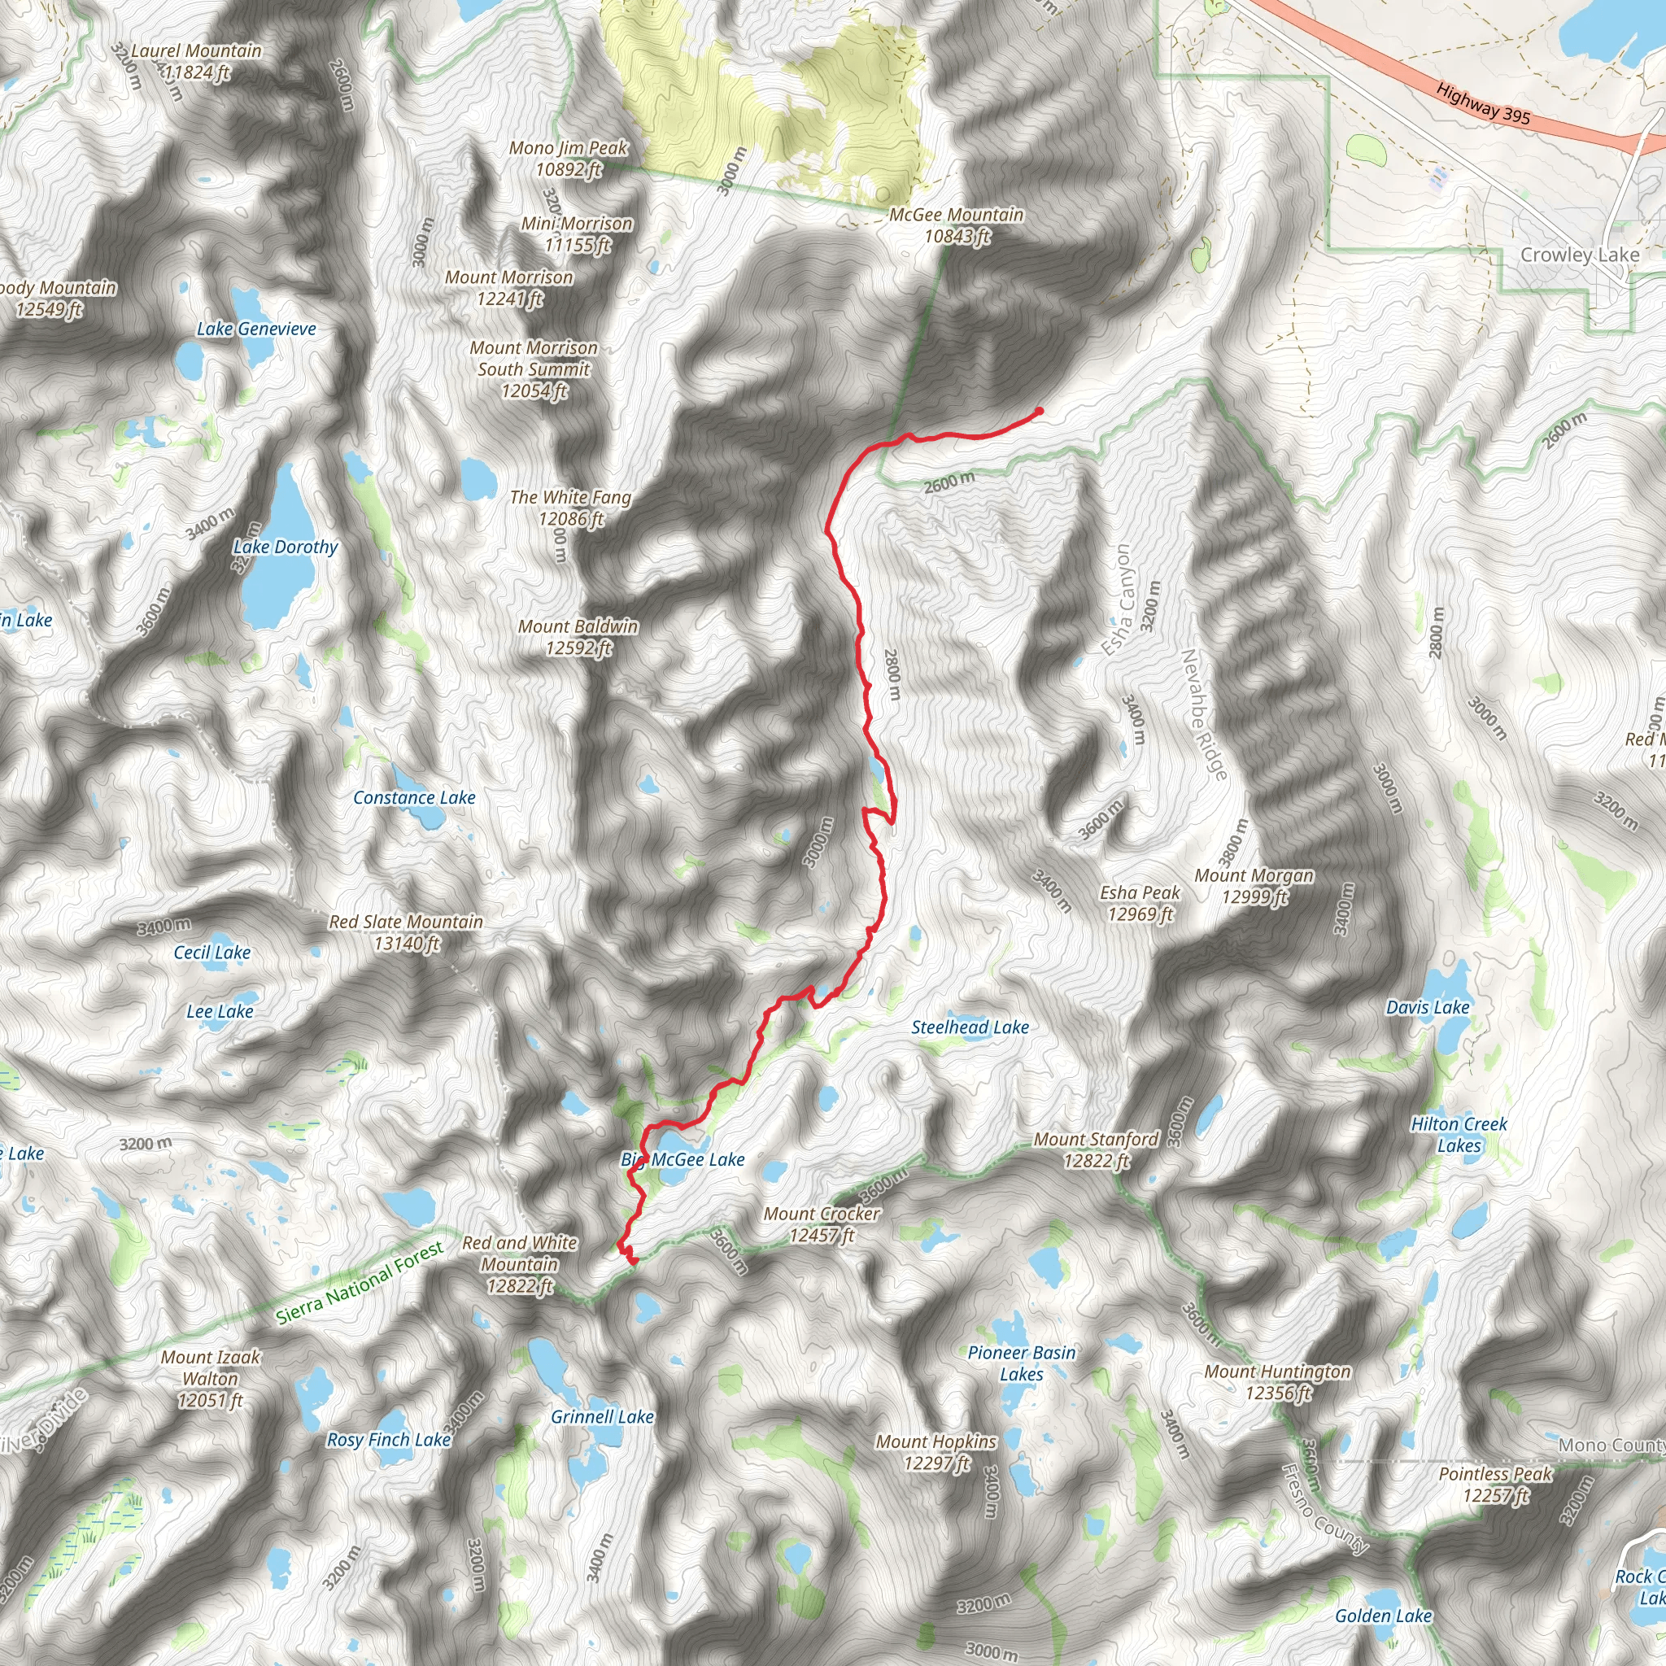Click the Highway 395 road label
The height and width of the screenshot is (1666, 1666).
[x=1482, y=104]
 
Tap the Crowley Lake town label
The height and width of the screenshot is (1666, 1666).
[x=1579, y=255]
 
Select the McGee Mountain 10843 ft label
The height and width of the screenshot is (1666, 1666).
[x=957, y=225]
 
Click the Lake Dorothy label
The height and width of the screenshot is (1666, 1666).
[x=286, y=547]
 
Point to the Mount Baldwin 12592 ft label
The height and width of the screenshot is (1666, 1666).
[x=578, y=636]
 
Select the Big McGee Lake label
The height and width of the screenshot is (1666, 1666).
[x=683, y=1160]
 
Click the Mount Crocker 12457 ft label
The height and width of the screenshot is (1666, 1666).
[x=821, y=1224]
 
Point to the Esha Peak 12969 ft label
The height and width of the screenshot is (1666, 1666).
[x=1139, y=903]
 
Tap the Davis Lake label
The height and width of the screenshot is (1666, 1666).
[x=1427, y=1007]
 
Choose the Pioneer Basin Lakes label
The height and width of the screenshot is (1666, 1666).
[x=1021, y=1363]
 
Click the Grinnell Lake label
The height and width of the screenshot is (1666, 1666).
[x=602, y=1417]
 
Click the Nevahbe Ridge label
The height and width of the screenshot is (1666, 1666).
[x=1203, y=715]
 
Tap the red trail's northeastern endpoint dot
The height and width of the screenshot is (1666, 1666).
[x=1038, y=412]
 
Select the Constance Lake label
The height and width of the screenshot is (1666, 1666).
[x=414, y=798]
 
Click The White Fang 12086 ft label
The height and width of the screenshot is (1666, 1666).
[x=570, y=508]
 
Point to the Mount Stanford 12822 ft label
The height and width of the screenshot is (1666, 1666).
[x=1095, y=1149]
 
